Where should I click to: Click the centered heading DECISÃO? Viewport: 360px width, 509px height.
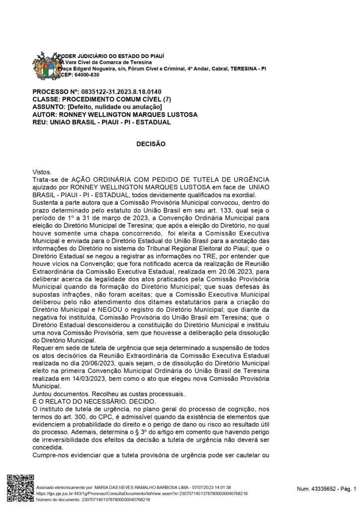pos(150,143)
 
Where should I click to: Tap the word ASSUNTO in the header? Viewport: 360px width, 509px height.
pos(48,107)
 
